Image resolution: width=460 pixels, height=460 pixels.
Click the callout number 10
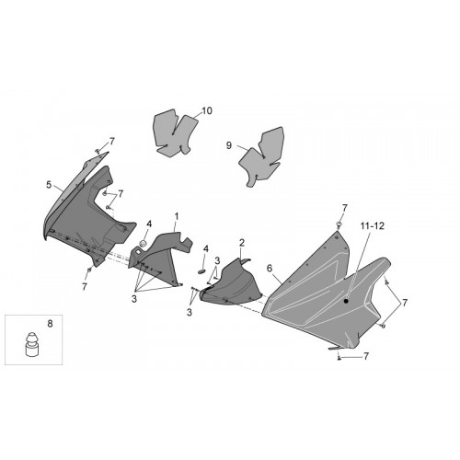coord(207,110)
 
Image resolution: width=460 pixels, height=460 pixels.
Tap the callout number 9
coord(229,145)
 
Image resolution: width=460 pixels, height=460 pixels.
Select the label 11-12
coord(372,226)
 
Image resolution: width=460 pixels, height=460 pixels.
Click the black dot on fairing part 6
coord(346,301)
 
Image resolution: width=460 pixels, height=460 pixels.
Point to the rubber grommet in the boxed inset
coord(32,344)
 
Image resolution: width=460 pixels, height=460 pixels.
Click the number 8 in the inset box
coord(50,324)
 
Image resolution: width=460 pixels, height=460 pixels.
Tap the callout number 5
coord(49,185)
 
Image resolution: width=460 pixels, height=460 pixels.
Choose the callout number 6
coord(270,269)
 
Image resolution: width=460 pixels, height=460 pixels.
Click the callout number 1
coord(177,217)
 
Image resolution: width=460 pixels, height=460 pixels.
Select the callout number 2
coord(242,243)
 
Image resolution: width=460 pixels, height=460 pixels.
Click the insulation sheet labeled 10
coord(174,132)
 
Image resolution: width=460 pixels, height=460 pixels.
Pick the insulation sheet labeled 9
coord(261,156)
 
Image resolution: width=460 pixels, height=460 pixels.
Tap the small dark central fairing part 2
coord(231,283)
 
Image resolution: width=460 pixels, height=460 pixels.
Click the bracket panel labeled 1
coord(159,258)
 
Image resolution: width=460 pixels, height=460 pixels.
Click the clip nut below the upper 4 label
coord(143,244)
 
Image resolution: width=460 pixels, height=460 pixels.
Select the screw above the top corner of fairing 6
coord(339,224)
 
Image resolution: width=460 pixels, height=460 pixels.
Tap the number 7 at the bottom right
coord(366,356)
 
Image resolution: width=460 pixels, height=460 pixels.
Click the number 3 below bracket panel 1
coord(134,299)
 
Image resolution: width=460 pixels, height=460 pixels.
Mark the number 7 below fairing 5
coord(85,287)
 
